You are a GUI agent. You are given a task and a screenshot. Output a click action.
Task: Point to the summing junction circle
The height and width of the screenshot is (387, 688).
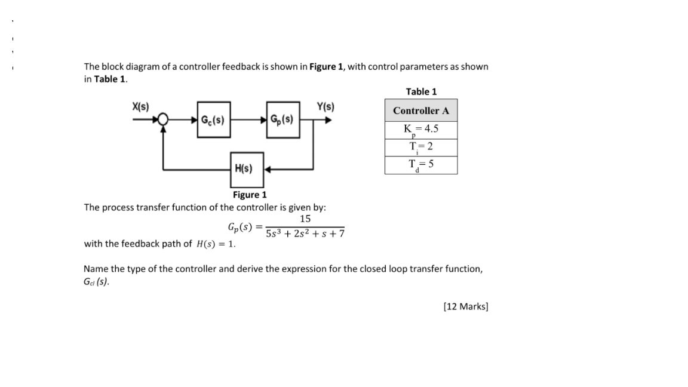click(162, 119)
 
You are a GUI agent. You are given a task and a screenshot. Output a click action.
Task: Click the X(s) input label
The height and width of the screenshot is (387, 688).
click(140, 107)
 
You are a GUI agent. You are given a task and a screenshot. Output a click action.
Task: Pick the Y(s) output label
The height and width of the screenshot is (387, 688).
click(325, 107)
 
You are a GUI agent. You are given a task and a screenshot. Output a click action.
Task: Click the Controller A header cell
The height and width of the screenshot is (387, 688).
click(421, 110)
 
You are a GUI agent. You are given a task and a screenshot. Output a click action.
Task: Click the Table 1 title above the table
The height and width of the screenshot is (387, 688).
click(421, 91)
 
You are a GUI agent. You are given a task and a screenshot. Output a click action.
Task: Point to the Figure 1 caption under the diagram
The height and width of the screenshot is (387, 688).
click(250, 195)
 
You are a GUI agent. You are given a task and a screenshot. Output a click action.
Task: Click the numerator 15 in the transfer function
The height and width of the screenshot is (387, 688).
click(305, 219)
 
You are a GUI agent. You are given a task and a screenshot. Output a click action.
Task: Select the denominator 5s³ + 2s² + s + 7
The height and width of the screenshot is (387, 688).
click(305, 234)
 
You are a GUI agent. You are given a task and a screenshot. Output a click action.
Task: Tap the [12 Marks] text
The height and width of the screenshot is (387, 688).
click(466, 306)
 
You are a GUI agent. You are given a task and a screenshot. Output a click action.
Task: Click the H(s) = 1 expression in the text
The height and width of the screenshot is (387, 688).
click(216, 244)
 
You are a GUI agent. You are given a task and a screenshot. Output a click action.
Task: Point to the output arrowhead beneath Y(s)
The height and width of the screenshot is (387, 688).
click(327, 119)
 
